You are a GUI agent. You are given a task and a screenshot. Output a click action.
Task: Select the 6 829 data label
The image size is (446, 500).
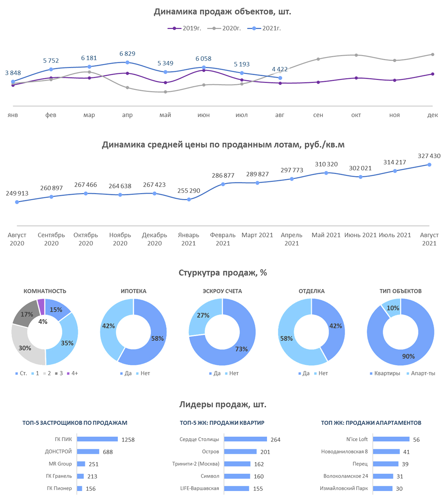coord(127,54)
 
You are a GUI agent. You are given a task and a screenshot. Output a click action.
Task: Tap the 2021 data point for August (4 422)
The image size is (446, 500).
coord(280,78)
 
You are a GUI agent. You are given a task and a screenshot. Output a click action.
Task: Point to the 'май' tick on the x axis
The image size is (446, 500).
coord(165,115)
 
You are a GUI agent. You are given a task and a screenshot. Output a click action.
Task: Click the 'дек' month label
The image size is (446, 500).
coord(432,115)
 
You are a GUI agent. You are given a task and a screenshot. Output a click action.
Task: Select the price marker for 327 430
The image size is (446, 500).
coord(429,164)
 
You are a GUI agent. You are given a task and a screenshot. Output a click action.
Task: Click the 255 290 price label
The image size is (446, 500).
coord(188,191)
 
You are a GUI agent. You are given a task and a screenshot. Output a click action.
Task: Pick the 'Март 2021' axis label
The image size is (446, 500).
coord(257,235)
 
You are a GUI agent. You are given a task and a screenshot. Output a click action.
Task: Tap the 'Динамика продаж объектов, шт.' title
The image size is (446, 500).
coord(222,12)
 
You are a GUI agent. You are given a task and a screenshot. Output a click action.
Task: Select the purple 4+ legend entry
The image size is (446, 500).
coord(72,373)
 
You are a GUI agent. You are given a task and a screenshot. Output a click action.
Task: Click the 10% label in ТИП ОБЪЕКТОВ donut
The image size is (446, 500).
coord(392,308)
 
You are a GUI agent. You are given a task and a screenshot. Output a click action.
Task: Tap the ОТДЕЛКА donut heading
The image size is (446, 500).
coord(311,291)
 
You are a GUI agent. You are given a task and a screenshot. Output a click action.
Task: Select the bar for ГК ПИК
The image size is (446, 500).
coord(97,439)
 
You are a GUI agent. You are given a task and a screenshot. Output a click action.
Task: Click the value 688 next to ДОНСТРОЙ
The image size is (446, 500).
coord(108,452)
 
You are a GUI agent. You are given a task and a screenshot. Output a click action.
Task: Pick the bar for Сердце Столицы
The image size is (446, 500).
coord(245,439)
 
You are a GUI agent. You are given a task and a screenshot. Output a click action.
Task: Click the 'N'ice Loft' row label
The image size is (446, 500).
coord(357,439)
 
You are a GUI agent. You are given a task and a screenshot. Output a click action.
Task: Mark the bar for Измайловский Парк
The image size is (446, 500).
coord(382,488)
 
